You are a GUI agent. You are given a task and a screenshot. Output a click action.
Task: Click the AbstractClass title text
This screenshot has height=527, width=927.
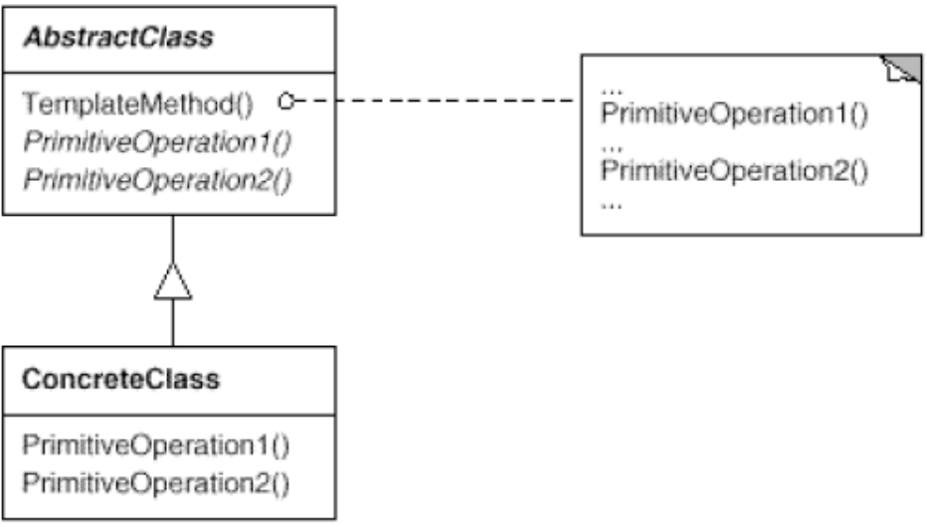pyautogui.click(x=118, y=38)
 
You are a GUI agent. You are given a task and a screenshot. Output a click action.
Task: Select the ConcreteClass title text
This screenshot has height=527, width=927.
pyautogui.click(x=120, y=379)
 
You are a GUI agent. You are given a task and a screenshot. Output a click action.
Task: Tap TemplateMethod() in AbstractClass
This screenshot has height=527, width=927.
pyautogui.click(x=137, y=104)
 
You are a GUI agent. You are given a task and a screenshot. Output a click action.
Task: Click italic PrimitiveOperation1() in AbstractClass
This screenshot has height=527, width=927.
pyautogui.click(x=157, y=142)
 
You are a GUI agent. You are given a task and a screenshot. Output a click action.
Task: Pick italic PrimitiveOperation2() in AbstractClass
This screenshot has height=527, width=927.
pyautogui.click(x=157, y=180)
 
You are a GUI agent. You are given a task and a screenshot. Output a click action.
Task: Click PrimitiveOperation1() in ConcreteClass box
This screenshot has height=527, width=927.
pyautogui.click(x=155, y=445)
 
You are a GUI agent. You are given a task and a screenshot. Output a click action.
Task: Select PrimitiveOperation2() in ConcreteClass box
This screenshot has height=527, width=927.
pyautogui.click(x=155, y=483)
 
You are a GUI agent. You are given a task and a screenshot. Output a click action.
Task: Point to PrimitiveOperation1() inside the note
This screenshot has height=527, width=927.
pyautogui.click(x=734, y=114)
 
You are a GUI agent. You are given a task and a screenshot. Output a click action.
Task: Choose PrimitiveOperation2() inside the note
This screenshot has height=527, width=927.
pyautogui.click(x=734, y=171)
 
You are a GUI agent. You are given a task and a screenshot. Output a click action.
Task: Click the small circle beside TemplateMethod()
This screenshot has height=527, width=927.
pyautogui.click(x=286, y=101)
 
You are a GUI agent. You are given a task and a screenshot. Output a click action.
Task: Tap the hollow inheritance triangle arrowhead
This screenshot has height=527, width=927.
pyautogui.click(x=173, y=281)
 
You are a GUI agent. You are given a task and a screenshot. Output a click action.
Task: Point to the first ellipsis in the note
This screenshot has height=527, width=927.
pyautogui.click(x=612, y=91)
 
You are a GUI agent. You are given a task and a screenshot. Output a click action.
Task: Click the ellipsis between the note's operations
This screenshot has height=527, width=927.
pyautogui.click(x=612, y=148)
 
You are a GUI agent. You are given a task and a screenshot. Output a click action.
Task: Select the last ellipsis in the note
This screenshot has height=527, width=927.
pyautogui.click(x=612, y=205)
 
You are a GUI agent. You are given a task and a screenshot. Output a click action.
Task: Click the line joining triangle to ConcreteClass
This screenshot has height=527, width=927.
pyautogui.click(x=173, y=322)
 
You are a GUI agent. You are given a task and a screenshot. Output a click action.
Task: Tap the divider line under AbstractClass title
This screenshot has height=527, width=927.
pyautogui.click(x=170, y=74)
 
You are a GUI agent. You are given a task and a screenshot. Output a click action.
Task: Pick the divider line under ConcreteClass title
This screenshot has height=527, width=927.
pyautogui.click(x=170, y=416)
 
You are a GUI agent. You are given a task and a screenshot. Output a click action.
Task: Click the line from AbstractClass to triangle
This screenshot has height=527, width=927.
pyautogui.click(x=173, y=239)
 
